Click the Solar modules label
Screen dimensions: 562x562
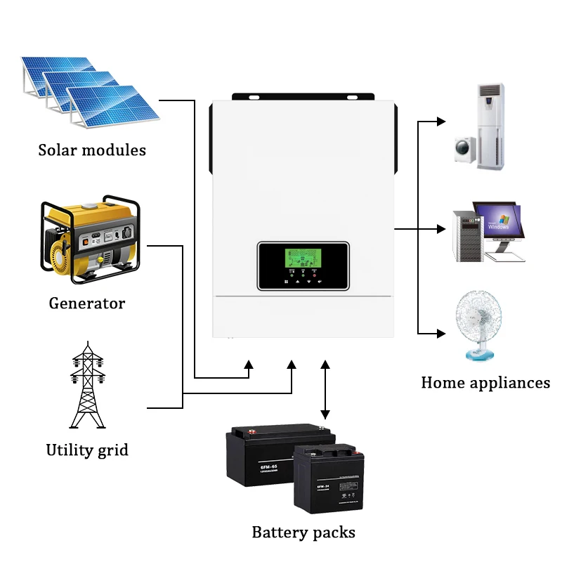pyautogui.click(x=92, y=150)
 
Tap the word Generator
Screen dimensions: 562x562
pyautogui.click(x=86, y=303)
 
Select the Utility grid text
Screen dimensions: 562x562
pyautogui.click(x=87, y=450)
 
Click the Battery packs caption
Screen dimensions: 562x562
pyautogui.click(x=303, y=532)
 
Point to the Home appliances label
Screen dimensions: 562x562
pyautogui.click(x=485, y=383)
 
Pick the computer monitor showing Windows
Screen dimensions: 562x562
pyautogui.click(x=498, y=223)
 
